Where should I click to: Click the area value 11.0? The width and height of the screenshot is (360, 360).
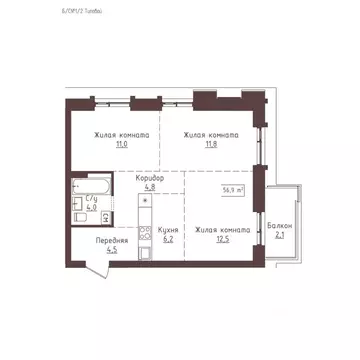tap(122, 145)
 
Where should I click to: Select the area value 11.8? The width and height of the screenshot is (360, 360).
tap(211, 145)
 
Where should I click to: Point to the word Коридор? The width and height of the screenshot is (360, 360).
tap(150, 178)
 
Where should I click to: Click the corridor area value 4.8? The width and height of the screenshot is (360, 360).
tap(150, 187)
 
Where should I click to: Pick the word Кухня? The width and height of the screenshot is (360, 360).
tap(168, 230)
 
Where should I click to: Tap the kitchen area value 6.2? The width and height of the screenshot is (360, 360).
tap(168, 240)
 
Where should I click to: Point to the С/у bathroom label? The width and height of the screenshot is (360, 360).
tap(92, 200)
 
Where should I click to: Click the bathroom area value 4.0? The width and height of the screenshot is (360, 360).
tap(92, 209)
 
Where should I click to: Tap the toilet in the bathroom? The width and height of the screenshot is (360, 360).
tap(78, 213)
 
